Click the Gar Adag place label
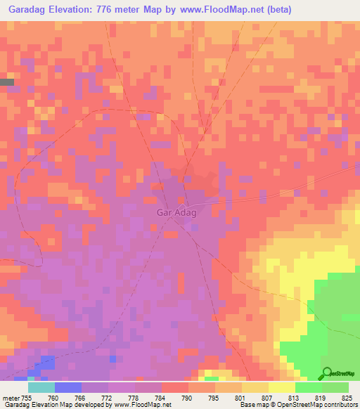(x=174, y=209)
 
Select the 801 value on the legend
(x=242, y=398)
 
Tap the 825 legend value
(x=348, y=398)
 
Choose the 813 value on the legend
(x=295, y=398)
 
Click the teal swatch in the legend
(x=41, y=387)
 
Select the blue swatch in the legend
(x=68, y=387)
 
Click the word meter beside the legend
(x=11, y=398)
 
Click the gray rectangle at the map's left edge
(x=7, y=82)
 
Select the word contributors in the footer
(x=340, y=405)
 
